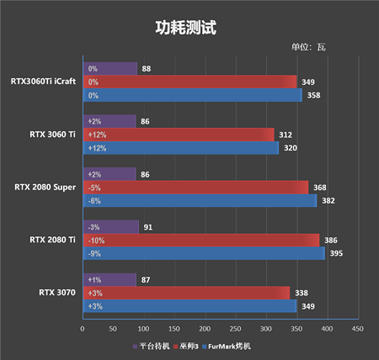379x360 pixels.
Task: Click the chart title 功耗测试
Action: [x=186, y=28]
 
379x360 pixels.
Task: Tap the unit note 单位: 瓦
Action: [x=308, y=47]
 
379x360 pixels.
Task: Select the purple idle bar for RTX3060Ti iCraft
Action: [x=110, y=69]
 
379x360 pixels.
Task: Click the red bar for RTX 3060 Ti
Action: [x=179, y=135]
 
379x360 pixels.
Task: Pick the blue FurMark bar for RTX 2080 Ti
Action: [x=204, y=253]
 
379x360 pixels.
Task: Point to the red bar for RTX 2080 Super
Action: [x=195, y=188]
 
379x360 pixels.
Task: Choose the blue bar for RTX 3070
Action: [x=189, y=306]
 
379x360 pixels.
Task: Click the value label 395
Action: [x=336, y=253]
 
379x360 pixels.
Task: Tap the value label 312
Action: [x=286, y=135]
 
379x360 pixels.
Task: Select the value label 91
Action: [x=148, y=227]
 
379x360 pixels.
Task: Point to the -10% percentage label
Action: [x=96, y=241]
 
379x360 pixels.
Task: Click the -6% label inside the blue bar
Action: [x=94, y=201]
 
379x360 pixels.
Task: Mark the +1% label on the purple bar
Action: [x=94, y=280]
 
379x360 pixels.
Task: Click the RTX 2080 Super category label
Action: [x=45, y=188]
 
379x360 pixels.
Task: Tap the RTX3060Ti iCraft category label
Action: [x=43, y=82]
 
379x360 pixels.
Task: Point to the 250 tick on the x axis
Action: [x=235, y=329]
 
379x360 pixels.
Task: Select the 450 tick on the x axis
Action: [x=358, y=329]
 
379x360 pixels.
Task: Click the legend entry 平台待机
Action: [x=152, y=347]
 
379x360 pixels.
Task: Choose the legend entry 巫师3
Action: [x=186, y=347]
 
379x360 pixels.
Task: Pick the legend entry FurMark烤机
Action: [x=227, y=347]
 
